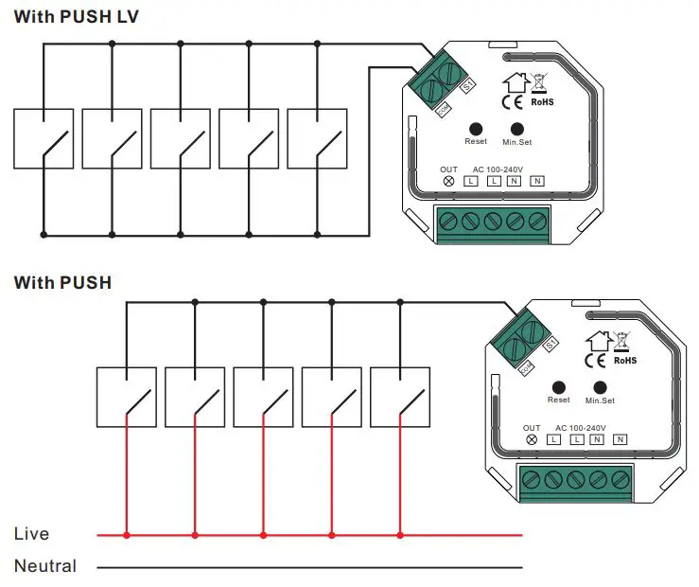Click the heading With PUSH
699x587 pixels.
pos(62,282)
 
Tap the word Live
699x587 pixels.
pos(31,535)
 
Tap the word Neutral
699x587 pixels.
pos(45,567)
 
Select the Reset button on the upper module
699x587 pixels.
pos(476,128)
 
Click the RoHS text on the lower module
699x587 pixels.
pos(625,361)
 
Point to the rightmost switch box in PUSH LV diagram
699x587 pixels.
pos(317,140)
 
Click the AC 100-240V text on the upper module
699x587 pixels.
pos(497,169)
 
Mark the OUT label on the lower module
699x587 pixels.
pos(532,428)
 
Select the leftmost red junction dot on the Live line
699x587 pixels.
pos(127,536)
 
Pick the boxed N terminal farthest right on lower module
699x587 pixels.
pos(620,439)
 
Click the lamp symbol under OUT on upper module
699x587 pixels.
pos(449,181)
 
